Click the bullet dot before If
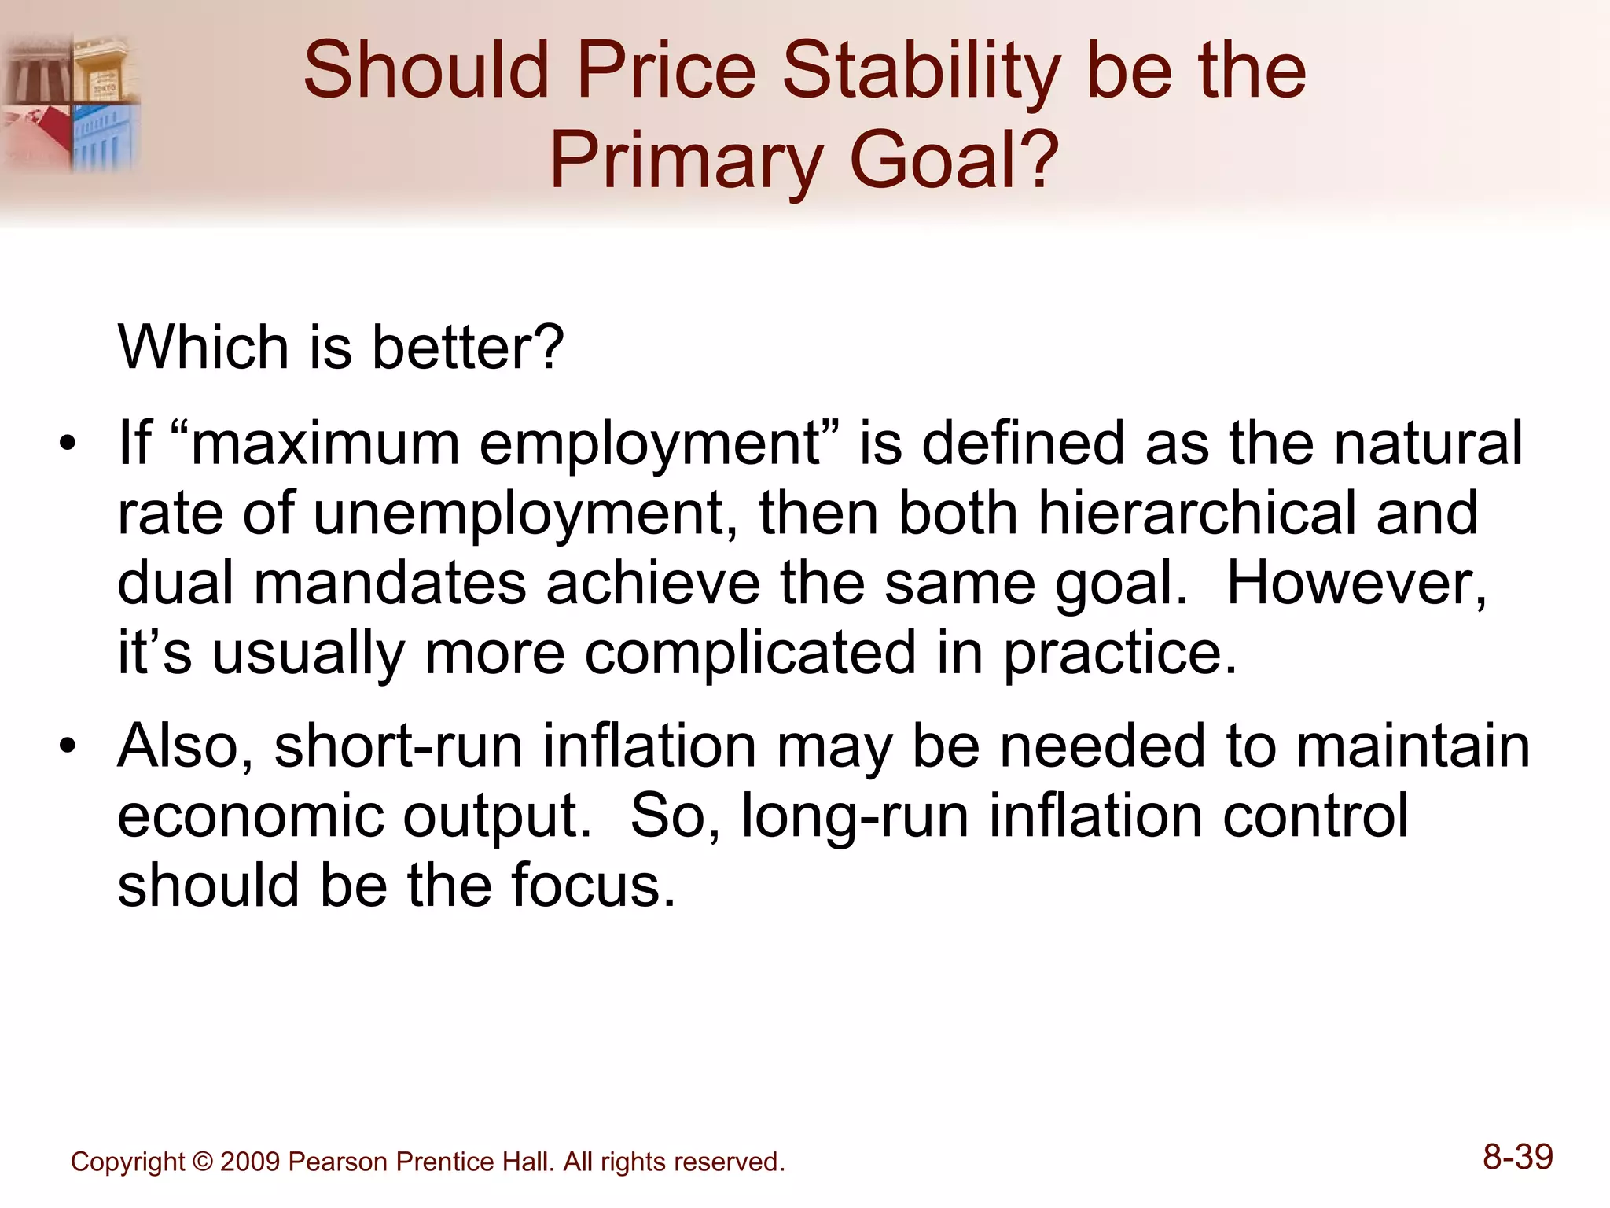click(x=68, y=444)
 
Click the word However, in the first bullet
click(x=1357, y=583)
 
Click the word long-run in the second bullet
click(x=855, y=816)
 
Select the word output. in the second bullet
click(x=497, y=816)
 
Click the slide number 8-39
click(x=1517, y=1157)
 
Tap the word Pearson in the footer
click(x=339, y=1162)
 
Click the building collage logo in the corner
click(x=71, y=102)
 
